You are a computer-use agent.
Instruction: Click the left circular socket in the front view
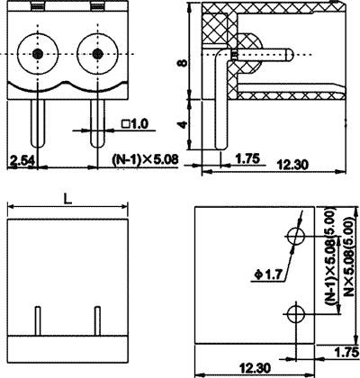(x=38, y=56)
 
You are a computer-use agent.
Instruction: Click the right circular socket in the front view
(x=94, y=56)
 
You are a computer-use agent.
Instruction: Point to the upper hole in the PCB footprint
(x=295, y=237)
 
